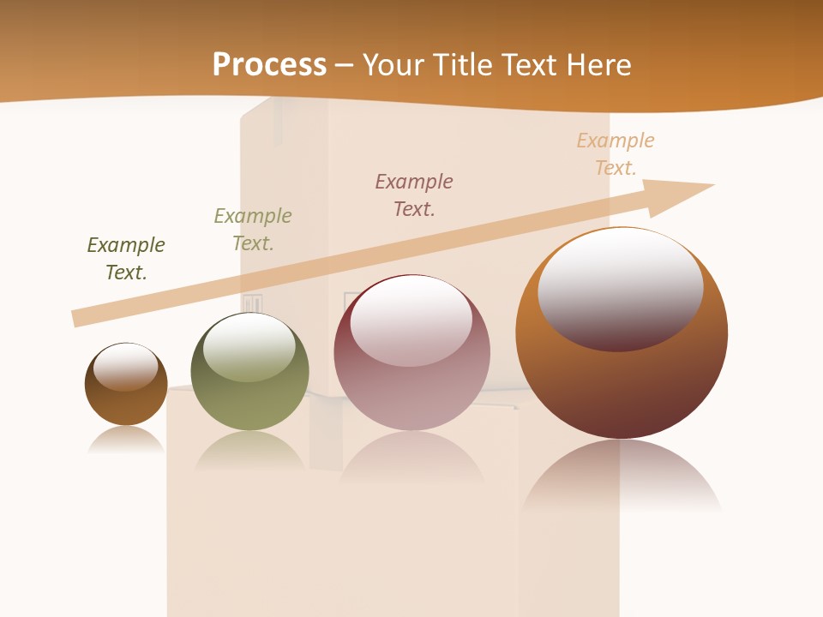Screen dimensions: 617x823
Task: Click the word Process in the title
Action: (269, 64)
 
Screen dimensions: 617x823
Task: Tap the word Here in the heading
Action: (598, 64)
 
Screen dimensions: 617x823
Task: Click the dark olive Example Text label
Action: (126, 258)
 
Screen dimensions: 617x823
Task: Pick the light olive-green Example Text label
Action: (253, 229)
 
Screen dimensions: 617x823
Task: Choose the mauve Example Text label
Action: (414, 195)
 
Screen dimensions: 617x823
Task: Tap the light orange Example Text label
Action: (616, 153)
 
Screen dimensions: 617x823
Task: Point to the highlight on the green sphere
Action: (249, 344)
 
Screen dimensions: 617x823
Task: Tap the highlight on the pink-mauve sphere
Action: (411, 319)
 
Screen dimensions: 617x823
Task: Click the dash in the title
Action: (343, 64)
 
